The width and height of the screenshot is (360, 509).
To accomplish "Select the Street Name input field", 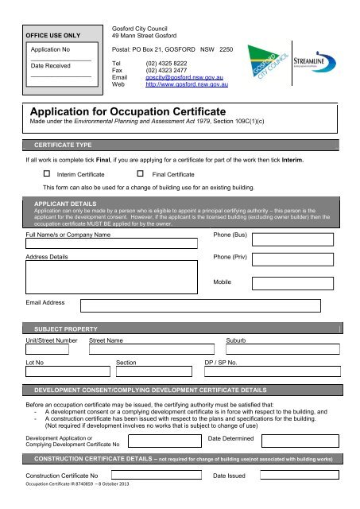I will click(x=150, y=348).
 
